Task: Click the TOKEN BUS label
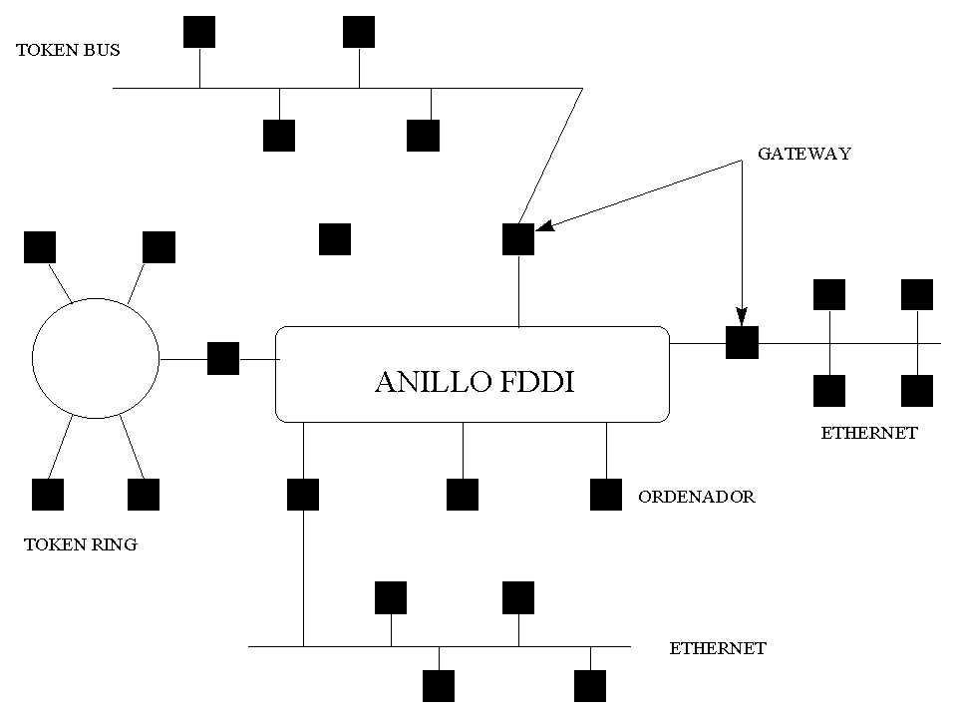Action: pos(68,49)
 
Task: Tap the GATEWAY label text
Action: pos(803,154)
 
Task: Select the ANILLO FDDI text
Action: pos(474,382)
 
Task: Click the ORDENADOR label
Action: pos(696,496)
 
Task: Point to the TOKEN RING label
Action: pos(80,544)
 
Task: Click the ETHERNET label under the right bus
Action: pos(868,433)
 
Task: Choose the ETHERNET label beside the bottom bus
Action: pos(718,648)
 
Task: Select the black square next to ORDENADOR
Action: pos(605,495)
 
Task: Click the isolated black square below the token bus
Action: pos(334,238)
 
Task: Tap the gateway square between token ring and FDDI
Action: pos(223,358)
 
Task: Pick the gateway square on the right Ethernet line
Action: pos(742,342)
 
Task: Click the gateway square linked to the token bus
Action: pos(517,238)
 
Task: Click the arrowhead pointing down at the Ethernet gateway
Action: pos(741,314)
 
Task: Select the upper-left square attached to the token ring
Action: pos(40,246)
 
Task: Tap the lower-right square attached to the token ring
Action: pos(144,495)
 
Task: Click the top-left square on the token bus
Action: pos(199,31)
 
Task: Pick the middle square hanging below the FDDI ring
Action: pos(463,495)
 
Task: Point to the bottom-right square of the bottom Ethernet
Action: pos(590,686)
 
